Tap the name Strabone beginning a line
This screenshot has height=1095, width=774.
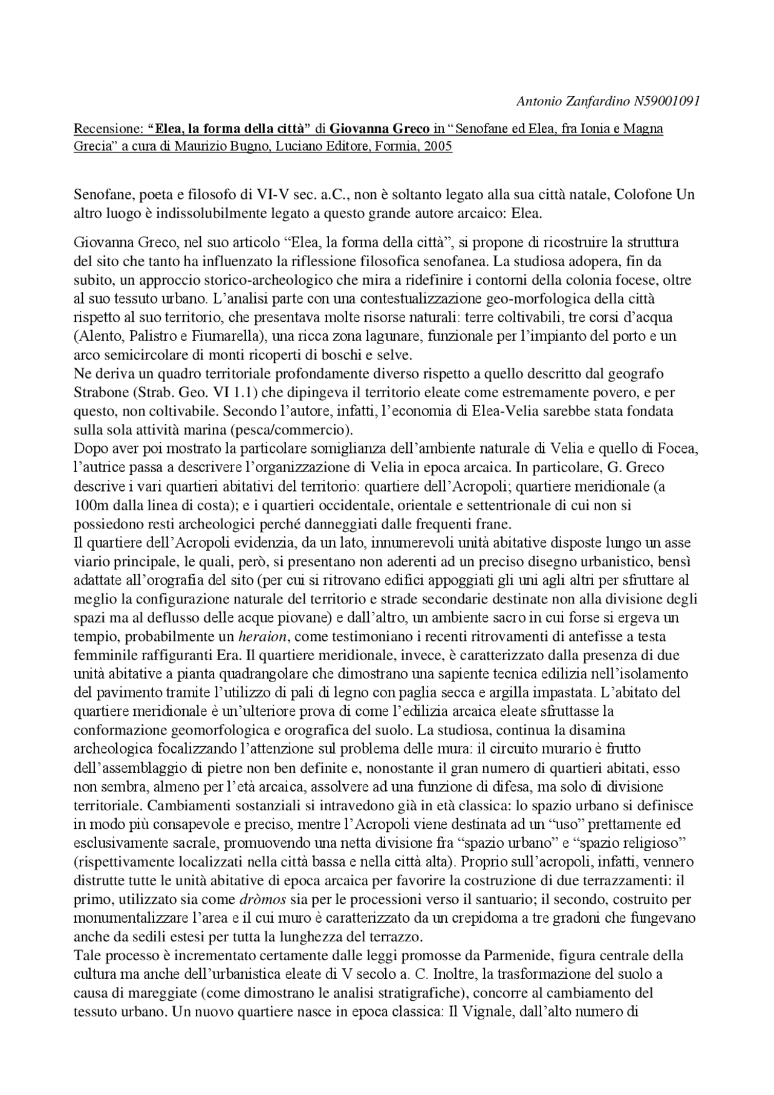tap(99, 392)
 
